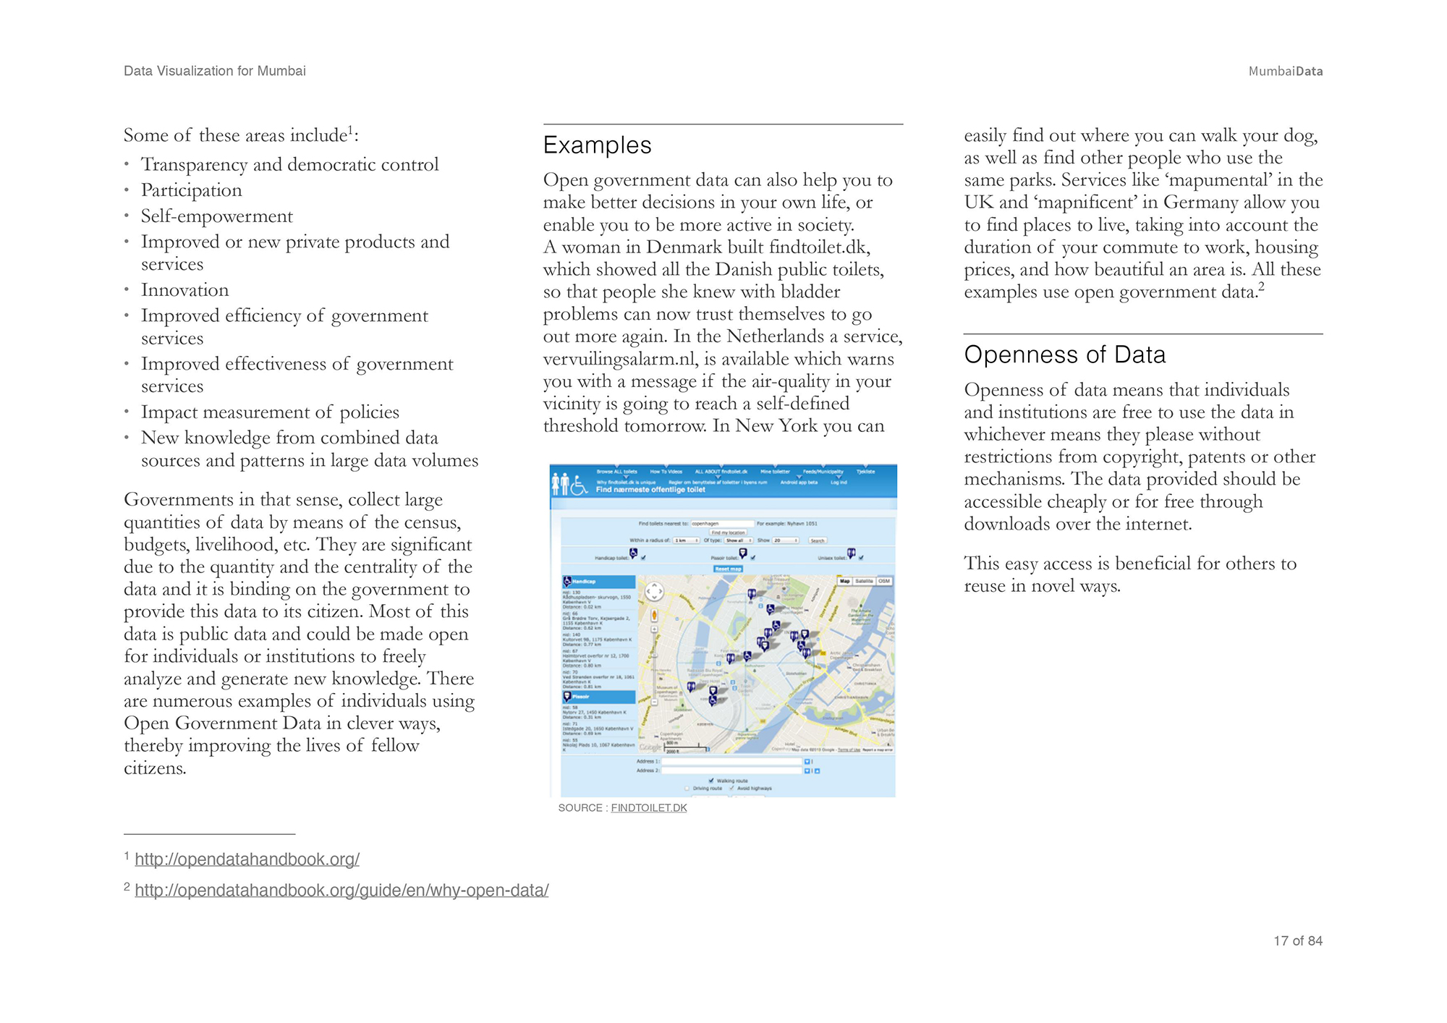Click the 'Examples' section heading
[597, 145]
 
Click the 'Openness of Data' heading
[1064, 355]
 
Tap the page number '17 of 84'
[1297, 941]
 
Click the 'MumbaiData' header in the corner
[1285, 71]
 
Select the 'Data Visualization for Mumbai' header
[215, 71]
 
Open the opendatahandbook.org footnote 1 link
[247, 859]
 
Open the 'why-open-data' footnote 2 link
[341, 891]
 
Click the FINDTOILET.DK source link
[648, 808]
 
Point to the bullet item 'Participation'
[191, 190]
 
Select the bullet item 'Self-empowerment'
[216, 216]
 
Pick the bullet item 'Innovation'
[184, 290]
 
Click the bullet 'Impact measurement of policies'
[270, 412]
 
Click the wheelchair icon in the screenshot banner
[579, 485]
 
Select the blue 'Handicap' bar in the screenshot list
[599, 582]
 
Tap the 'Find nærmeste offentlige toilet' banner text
[650, 490]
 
